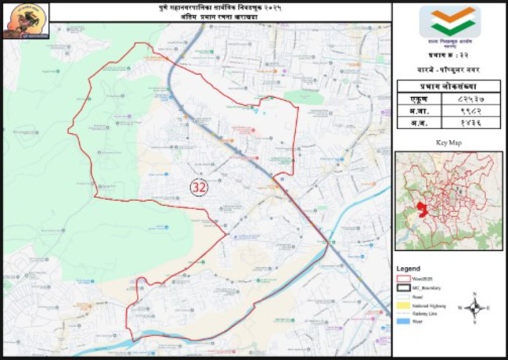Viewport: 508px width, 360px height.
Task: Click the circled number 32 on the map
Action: (x=199, y=187)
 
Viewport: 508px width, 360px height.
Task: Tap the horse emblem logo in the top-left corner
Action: (x=26, y=21)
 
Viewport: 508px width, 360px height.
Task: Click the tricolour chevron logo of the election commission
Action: (x=450, y=22)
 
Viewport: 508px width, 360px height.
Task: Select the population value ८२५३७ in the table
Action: (x=472, y=99)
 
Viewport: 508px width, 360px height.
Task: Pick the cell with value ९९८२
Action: (x=472, y=111)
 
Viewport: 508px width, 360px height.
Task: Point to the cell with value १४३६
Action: (x=472, y=123)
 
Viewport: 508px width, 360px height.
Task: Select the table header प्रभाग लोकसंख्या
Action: (x=449, y=86)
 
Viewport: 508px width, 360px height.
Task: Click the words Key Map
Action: (x=448, y=142)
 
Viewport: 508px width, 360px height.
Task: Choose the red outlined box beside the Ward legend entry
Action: (x=403, y=279)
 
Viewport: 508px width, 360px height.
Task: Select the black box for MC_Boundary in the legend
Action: (x=403, y=288)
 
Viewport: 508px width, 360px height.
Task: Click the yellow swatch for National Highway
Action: (x=403, y=305)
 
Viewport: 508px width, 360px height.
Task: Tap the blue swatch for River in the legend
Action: (x=403, y=322)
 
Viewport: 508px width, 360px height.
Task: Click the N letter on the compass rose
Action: (x=475, y=293)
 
